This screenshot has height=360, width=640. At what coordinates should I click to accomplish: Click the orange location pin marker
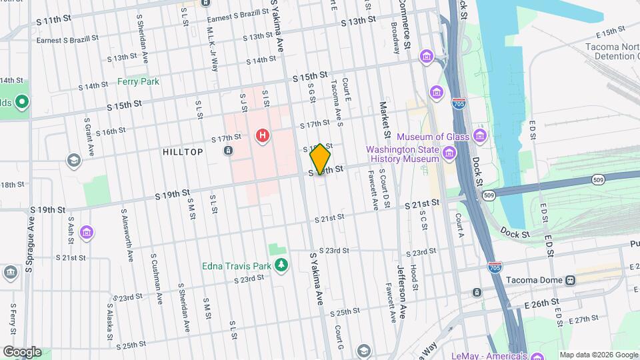[x=321, y=159]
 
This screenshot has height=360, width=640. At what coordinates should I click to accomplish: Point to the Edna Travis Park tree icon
[x=281, y=265]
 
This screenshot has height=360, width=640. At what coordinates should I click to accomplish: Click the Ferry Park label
[x=138, y=81]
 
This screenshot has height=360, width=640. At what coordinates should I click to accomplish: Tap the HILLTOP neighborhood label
[x=183, y=152]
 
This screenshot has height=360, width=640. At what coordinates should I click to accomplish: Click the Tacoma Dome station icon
[x=570, y=280]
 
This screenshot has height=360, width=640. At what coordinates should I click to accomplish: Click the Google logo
[x=21, y=352]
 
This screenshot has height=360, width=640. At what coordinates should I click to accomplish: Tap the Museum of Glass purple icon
[x=479, y=137]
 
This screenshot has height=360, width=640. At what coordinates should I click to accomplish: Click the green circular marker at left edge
[x=21, y=102]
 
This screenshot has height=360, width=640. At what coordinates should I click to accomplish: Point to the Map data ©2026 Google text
[x=598, y=355]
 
